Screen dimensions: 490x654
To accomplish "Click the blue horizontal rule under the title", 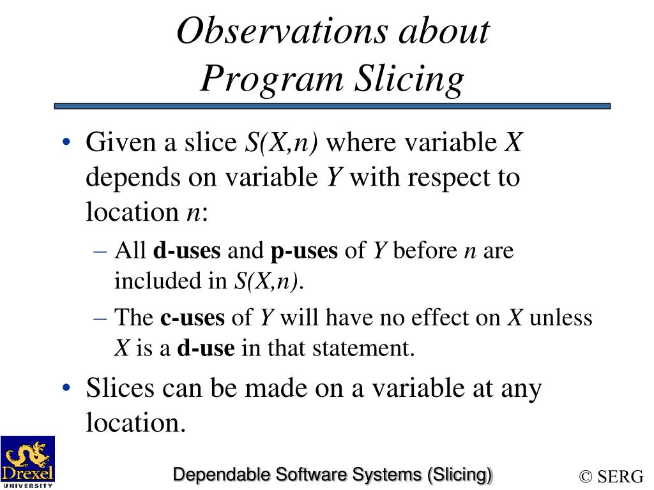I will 332,107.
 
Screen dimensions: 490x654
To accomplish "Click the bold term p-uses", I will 303,251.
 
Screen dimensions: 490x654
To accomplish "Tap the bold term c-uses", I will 192,317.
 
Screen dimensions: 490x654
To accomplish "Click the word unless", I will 560,317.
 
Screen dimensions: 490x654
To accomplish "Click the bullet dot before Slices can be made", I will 67,389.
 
